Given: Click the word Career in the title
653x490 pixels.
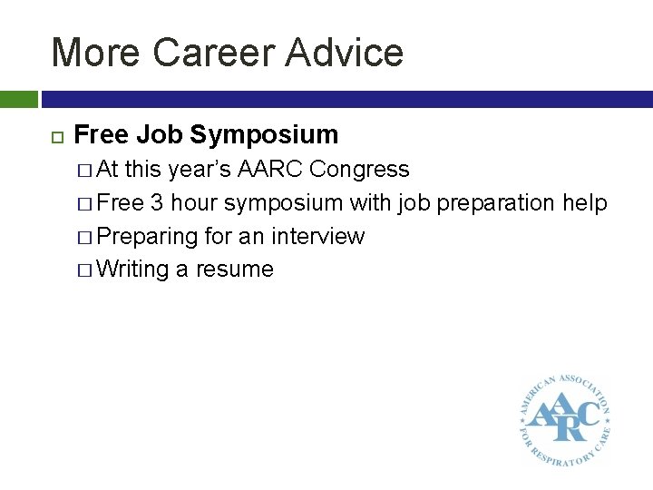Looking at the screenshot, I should coord(212,53).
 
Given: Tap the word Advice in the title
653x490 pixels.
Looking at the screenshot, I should coord(345,53).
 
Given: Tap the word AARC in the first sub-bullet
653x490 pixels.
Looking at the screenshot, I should coord(273,170).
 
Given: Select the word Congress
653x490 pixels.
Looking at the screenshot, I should coord(360,170).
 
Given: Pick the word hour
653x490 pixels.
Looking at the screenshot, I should coord(192,203).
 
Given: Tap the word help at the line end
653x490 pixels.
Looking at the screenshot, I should coord(584,203).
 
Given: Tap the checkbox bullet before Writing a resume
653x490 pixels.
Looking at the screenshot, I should coord(84,269).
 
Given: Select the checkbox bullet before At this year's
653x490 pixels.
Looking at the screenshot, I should coord(84,170).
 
